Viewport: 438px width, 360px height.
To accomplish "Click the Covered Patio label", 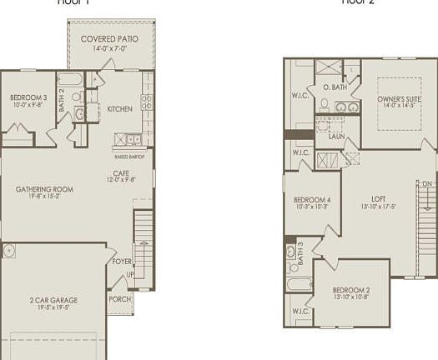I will coord(109,39).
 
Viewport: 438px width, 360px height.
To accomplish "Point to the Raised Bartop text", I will coord(128,157).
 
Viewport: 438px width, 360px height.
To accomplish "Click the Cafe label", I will coord(121,172).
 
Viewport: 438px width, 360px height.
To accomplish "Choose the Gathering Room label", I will coord(45,189).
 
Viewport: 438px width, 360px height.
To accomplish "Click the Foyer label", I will coord(122,260).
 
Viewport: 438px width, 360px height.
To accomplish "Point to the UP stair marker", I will coord(129,275).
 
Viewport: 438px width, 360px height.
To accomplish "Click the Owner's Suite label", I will coord(402,98).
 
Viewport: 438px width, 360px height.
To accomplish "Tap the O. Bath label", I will coord(335,87).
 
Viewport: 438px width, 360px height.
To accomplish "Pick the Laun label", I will coord(336,136).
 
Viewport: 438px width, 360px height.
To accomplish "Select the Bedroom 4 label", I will coord(312,200).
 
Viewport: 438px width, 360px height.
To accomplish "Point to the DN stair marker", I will coord(428,183).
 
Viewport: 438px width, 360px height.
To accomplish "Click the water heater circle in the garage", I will coord(8,252).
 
